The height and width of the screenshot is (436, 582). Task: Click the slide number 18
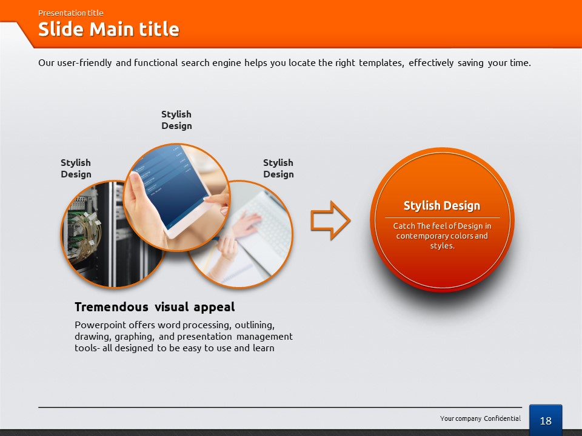tap(546, 421)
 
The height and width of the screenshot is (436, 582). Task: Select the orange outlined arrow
tap(330, 220)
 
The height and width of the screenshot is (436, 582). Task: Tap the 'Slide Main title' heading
tap(109, 29)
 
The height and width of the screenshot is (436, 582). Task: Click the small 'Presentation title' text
tap(70, 13)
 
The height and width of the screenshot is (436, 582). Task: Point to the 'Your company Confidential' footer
tap(480, 418)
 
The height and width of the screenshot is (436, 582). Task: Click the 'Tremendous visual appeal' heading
tap(155, 307)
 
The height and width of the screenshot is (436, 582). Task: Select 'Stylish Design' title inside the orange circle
tap(442, 205)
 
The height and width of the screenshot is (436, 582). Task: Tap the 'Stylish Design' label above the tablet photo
tap(176, 120)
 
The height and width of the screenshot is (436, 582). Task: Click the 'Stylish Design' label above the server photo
tap(76, 168)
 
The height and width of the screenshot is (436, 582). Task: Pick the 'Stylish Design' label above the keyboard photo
tap(278, 168)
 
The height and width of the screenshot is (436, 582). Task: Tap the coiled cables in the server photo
tap(84, 234)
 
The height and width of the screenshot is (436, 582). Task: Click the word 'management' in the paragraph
tap(264, 337)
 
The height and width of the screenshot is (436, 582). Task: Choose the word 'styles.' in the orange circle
tap(442, 246)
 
